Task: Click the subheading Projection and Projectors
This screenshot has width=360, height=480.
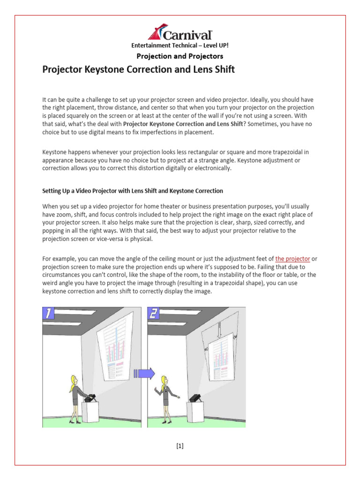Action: [x=180, y=56]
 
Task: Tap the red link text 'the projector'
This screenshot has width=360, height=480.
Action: [x=292, y=258]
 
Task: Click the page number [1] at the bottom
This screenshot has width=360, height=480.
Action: [x=180, y=446]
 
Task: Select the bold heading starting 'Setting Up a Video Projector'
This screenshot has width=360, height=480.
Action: [x=133, y=191]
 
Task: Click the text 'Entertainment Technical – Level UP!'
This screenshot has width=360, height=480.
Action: [x=180, y=45]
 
